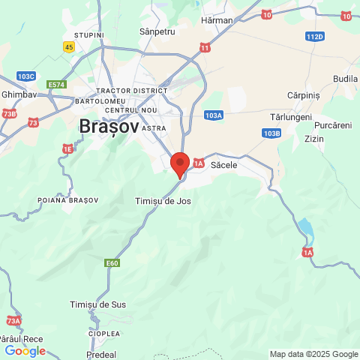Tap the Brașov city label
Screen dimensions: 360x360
pos(108,127)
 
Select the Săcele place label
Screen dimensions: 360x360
pos(224,163)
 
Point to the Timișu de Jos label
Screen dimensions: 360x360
pos(164,201)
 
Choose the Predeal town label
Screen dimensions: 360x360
pos(100,353)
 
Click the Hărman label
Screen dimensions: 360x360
pos(217,20)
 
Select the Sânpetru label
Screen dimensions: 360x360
pos(157,32)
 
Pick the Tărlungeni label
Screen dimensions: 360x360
pos(292,118)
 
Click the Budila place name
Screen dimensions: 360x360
pos(345,79)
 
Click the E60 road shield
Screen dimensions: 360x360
pos(112,262)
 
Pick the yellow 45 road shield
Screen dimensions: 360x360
pos(69,46)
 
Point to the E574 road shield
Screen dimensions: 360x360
pos(56,85)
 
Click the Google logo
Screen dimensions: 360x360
pos(25,350)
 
